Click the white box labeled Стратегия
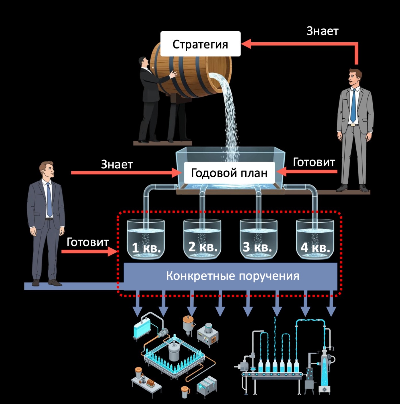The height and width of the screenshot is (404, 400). (200, 44)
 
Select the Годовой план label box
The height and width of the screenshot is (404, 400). (229, 173)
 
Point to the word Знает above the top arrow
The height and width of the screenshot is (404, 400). (323, 31)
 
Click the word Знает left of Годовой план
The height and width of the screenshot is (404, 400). (117, 164)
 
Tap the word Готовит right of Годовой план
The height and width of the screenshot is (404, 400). (314, 162)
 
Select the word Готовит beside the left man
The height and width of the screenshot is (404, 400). (88, 242)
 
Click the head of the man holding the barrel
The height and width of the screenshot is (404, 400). (143, 61)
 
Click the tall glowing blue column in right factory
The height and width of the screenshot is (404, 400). (325, 371)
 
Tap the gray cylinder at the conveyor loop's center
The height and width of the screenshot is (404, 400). (174, 352)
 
